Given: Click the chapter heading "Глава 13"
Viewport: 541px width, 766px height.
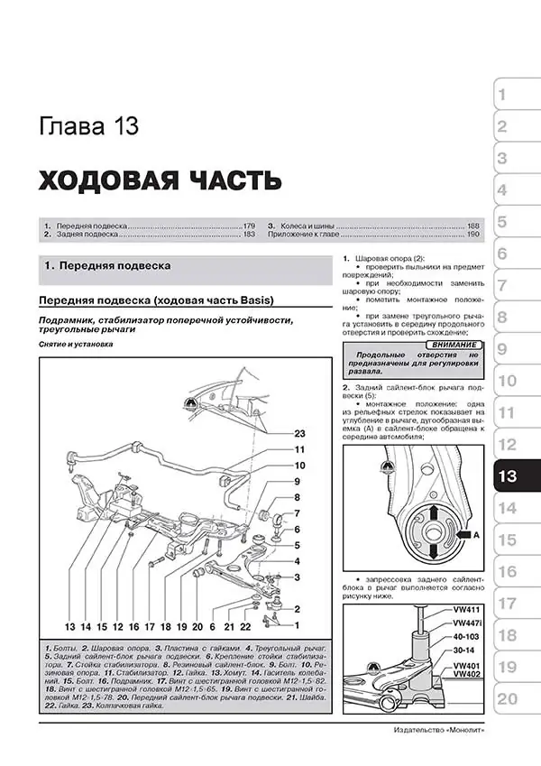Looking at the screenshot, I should click(88, 125).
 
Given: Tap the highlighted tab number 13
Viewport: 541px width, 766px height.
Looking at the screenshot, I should click(509, 475).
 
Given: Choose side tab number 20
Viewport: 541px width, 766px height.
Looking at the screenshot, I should click(508, 698).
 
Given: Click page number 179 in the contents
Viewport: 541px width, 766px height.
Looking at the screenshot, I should click(248, 224).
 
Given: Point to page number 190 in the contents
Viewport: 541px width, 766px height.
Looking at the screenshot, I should click(472, 234).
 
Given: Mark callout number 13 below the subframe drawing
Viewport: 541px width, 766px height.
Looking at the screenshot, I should click(69, 626).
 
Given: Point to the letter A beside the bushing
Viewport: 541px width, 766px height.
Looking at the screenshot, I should click(476, 535).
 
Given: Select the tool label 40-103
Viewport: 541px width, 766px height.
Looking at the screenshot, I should click(466, 637).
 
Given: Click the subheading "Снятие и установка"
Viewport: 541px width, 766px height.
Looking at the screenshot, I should click(76, 345).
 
